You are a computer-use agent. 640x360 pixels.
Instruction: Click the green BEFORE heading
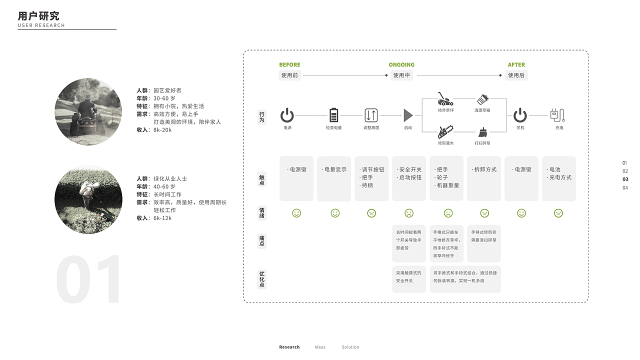click(289, 65)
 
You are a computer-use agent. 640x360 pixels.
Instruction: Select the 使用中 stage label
click(401, 75)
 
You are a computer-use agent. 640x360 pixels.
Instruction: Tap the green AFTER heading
click(516, 65)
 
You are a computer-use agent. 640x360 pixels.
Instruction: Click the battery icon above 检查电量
click(334, 115)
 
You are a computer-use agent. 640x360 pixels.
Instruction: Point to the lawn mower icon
click(445, 99)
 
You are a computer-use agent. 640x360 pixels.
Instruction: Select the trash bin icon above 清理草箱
click(482, 99)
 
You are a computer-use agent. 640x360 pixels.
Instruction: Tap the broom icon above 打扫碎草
click(482, 132)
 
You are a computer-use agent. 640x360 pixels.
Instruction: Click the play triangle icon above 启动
click(408, 115)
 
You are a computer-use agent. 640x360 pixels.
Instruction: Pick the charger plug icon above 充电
click(557, 115)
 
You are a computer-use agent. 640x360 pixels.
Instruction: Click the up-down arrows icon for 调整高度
click(371, 115)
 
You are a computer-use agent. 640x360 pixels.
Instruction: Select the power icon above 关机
click(520, 115)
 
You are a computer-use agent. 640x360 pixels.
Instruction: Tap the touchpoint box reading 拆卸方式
click(484, 178)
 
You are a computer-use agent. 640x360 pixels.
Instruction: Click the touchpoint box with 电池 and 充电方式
click(559, 178)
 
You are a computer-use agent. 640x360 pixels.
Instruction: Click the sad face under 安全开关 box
click(409, 213)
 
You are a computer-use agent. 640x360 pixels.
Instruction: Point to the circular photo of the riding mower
click(88, 111)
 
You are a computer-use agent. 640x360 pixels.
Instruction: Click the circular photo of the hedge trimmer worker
click(88, 200)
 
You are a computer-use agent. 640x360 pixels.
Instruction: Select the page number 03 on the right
click(625, 179)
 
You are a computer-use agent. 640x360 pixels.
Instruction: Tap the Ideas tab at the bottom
click(320, 347)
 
